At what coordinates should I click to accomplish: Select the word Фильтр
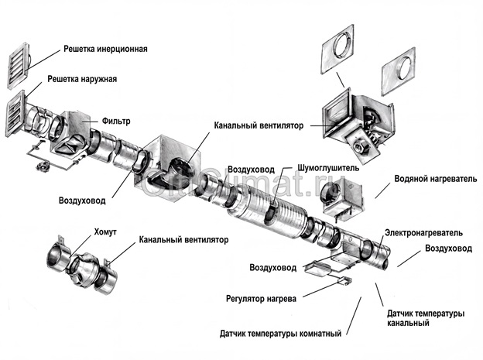pyautogui.click(x=115, y=122)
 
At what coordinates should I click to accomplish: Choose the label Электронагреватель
pyautogui.click(x=424, y=231)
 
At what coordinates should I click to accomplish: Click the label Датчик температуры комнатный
pyautogui.click(x=280, y=334)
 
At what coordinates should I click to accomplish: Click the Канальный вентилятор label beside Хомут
pyautogui.click(x=183, y=240)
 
